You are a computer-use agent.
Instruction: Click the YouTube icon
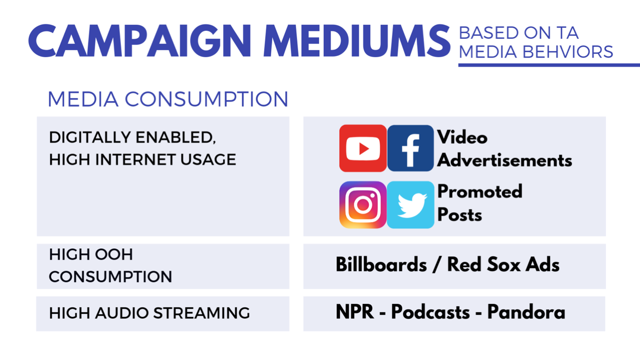coord(363,148)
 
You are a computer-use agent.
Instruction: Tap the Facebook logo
coord(411,148)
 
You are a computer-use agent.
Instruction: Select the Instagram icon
coord(363,205)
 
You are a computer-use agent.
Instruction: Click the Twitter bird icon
coord(411,205)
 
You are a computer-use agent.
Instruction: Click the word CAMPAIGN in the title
coord(140,41)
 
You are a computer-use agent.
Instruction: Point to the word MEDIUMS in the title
coord(357,41)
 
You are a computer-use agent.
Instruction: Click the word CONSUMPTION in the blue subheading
coord(206,99)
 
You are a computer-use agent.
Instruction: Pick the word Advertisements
coord(504,160)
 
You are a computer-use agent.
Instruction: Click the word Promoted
coord(480,191)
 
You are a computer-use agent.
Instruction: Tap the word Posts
coord(459,214)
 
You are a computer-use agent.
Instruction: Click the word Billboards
coord(381,264)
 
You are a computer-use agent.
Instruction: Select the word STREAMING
coord(201,313)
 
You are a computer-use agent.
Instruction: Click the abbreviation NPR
coord(355,311)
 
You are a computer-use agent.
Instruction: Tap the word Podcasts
coord(430,311)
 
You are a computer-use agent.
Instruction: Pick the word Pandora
coord(526,311)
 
